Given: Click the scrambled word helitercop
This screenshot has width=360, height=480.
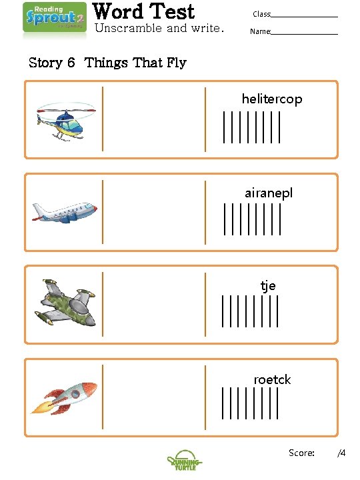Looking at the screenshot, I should coord(271,99).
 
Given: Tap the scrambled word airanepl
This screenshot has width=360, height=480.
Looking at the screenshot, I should coord(268,193).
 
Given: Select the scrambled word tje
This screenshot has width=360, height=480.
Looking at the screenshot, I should coord(268,286).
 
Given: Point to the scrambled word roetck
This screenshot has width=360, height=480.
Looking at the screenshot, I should coord(272,379).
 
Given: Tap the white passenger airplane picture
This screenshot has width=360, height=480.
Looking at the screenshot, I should coord(65,213).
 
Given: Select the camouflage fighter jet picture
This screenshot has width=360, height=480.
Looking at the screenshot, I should coord(65,304).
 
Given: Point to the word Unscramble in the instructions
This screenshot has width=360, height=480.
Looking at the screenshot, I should coord(128,28).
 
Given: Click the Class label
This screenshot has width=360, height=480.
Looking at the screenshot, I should coord(261,14).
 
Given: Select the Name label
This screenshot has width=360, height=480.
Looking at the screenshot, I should coord(260,31).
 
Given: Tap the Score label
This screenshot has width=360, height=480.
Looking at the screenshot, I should coord(301,453).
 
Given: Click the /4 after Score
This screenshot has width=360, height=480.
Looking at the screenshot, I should coord(341,453).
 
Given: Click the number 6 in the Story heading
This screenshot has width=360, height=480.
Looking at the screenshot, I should coord(71,63).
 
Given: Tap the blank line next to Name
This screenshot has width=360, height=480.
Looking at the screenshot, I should coord(304,33).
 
